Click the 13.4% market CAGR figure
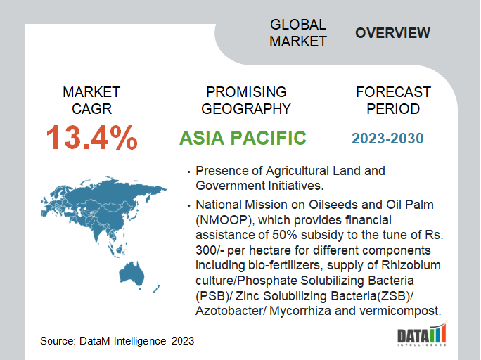tap(91, 137)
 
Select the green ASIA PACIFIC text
tap(243, 138)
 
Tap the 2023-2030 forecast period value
tap(387, 139)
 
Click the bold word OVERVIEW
tap(392, 33)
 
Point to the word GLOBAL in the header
tap(298, 25)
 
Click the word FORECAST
tap(393, 92)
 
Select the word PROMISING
tap(246, 92)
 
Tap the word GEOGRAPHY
tap(246, 109)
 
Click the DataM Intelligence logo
tap(422, 333)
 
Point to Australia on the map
tap(132, 274)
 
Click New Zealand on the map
tap(156, 288)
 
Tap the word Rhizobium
tap(411, 265)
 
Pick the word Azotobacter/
tap(231, 311)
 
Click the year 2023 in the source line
tap(183, 341)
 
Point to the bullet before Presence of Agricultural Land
tap(189, 172)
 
